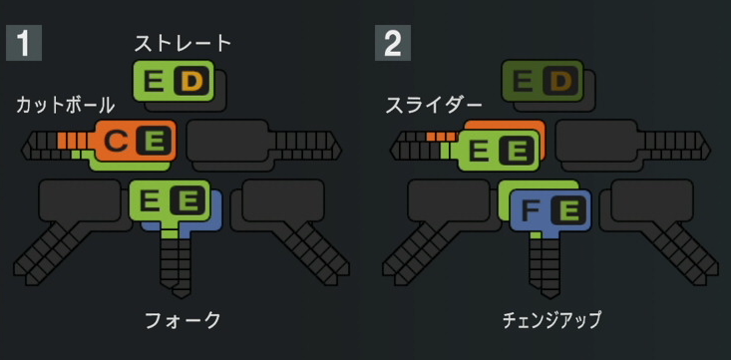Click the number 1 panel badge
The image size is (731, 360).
22,44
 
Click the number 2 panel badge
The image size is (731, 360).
393,44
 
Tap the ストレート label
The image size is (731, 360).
183,43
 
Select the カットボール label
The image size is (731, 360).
66,104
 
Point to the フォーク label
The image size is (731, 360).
183,320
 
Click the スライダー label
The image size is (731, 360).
434,104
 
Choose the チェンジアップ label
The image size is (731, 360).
551,320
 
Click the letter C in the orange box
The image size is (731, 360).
116,143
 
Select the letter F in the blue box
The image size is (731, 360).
531,210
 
